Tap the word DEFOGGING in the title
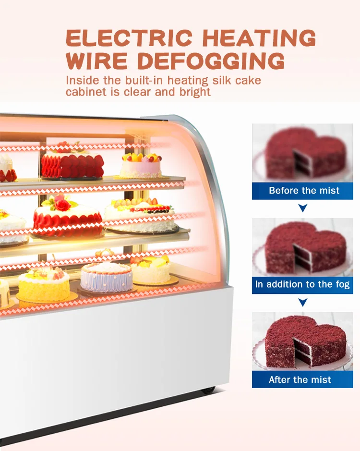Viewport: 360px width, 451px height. [211, 61]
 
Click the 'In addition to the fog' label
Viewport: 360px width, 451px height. [302, 284]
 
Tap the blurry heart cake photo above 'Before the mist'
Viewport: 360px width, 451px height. [302, 153]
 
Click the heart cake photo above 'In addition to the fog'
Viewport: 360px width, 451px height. [302, 247]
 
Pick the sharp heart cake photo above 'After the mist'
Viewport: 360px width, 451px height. [302, 341]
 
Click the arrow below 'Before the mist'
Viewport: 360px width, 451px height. [302, 208]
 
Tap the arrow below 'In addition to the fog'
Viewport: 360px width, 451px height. [302, 303]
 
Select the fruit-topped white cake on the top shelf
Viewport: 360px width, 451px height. [140, 166]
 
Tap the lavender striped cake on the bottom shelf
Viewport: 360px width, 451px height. [106, 277]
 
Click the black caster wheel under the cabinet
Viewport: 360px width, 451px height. [208, 390]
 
